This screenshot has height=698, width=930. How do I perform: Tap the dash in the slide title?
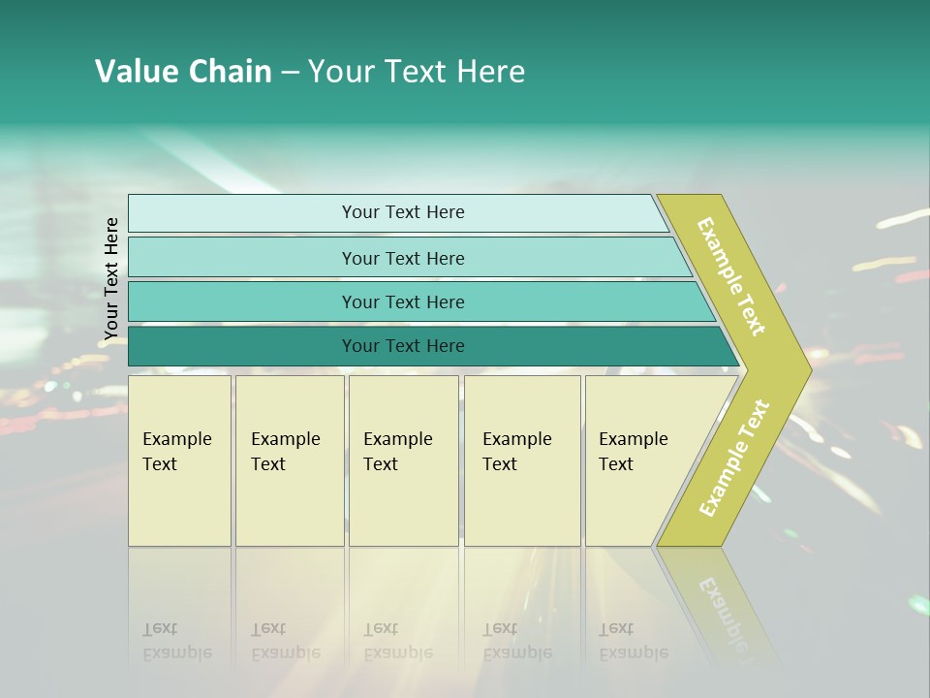point(290,72)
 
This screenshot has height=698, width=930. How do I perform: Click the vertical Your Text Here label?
point(111,279)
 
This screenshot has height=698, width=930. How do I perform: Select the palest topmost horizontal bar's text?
point(403,212)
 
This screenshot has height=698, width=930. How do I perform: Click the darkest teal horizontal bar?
point(403,346)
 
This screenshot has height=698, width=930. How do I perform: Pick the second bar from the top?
point(403,258)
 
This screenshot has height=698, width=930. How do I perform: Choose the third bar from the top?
point(403,301)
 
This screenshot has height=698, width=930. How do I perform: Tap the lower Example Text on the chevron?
point(734,458)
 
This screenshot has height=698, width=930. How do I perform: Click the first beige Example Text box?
point(179,460)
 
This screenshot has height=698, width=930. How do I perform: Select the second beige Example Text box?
point(289,460)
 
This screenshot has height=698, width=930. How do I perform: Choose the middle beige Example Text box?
point(403,460)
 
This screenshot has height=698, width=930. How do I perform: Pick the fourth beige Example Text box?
point(521,460)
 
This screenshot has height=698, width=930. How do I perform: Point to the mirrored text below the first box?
point(176,641)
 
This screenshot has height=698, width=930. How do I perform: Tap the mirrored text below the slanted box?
point(633,641)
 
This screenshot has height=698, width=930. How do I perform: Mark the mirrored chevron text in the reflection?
point(722,606)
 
